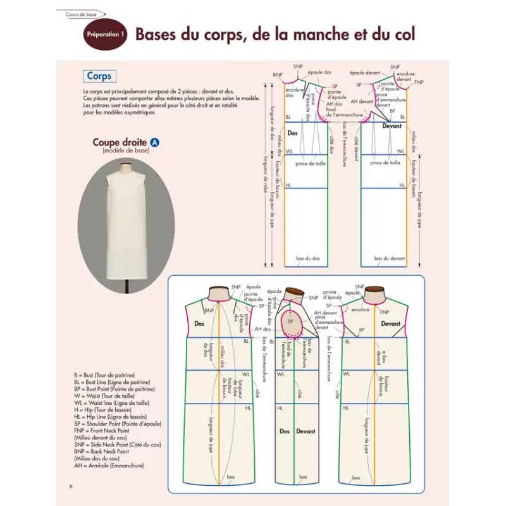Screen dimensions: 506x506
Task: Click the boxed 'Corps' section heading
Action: (99, 77)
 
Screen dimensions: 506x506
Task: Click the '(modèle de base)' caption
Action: (120, 152)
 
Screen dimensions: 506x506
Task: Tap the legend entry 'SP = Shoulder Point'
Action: (117, 424)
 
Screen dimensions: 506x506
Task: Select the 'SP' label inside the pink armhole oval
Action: (290, 321)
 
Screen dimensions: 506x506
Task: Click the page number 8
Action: (70, 486)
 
